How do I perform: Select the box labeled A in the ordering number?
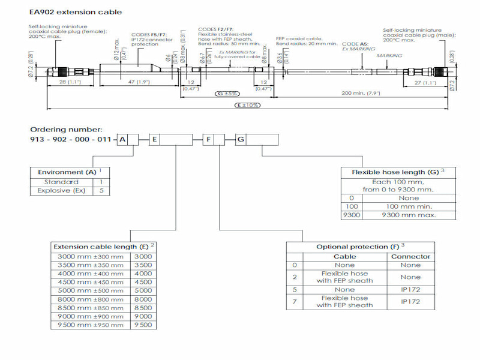click(122, 140)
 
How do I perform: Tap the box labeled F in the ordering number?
click(208, 140)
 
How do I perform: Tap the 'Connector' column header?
click(411, 256)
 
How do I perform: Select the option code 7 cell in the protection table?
click(294, 301)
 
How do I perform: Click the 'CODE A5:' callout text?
click(355, 44)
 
